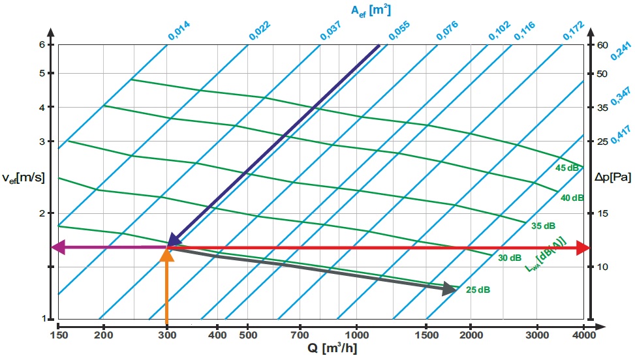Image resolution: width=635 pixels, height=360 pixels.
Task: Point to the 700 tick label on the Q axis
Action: [300, 335]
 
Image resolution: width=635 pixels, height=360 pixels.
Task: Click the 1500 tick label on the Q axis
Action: [426, 335]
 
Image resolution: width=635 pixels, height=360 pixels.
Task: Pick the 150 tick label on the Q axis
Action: [58, 335]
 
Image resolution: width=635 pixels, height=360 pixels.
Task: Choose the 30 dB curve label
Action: [510, 258]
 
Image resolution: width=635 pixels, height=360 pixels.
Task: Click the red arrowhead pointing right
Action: [584, 248]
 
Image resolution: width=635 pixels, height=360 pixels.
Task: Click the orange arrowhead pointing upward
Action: [167, 255]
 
